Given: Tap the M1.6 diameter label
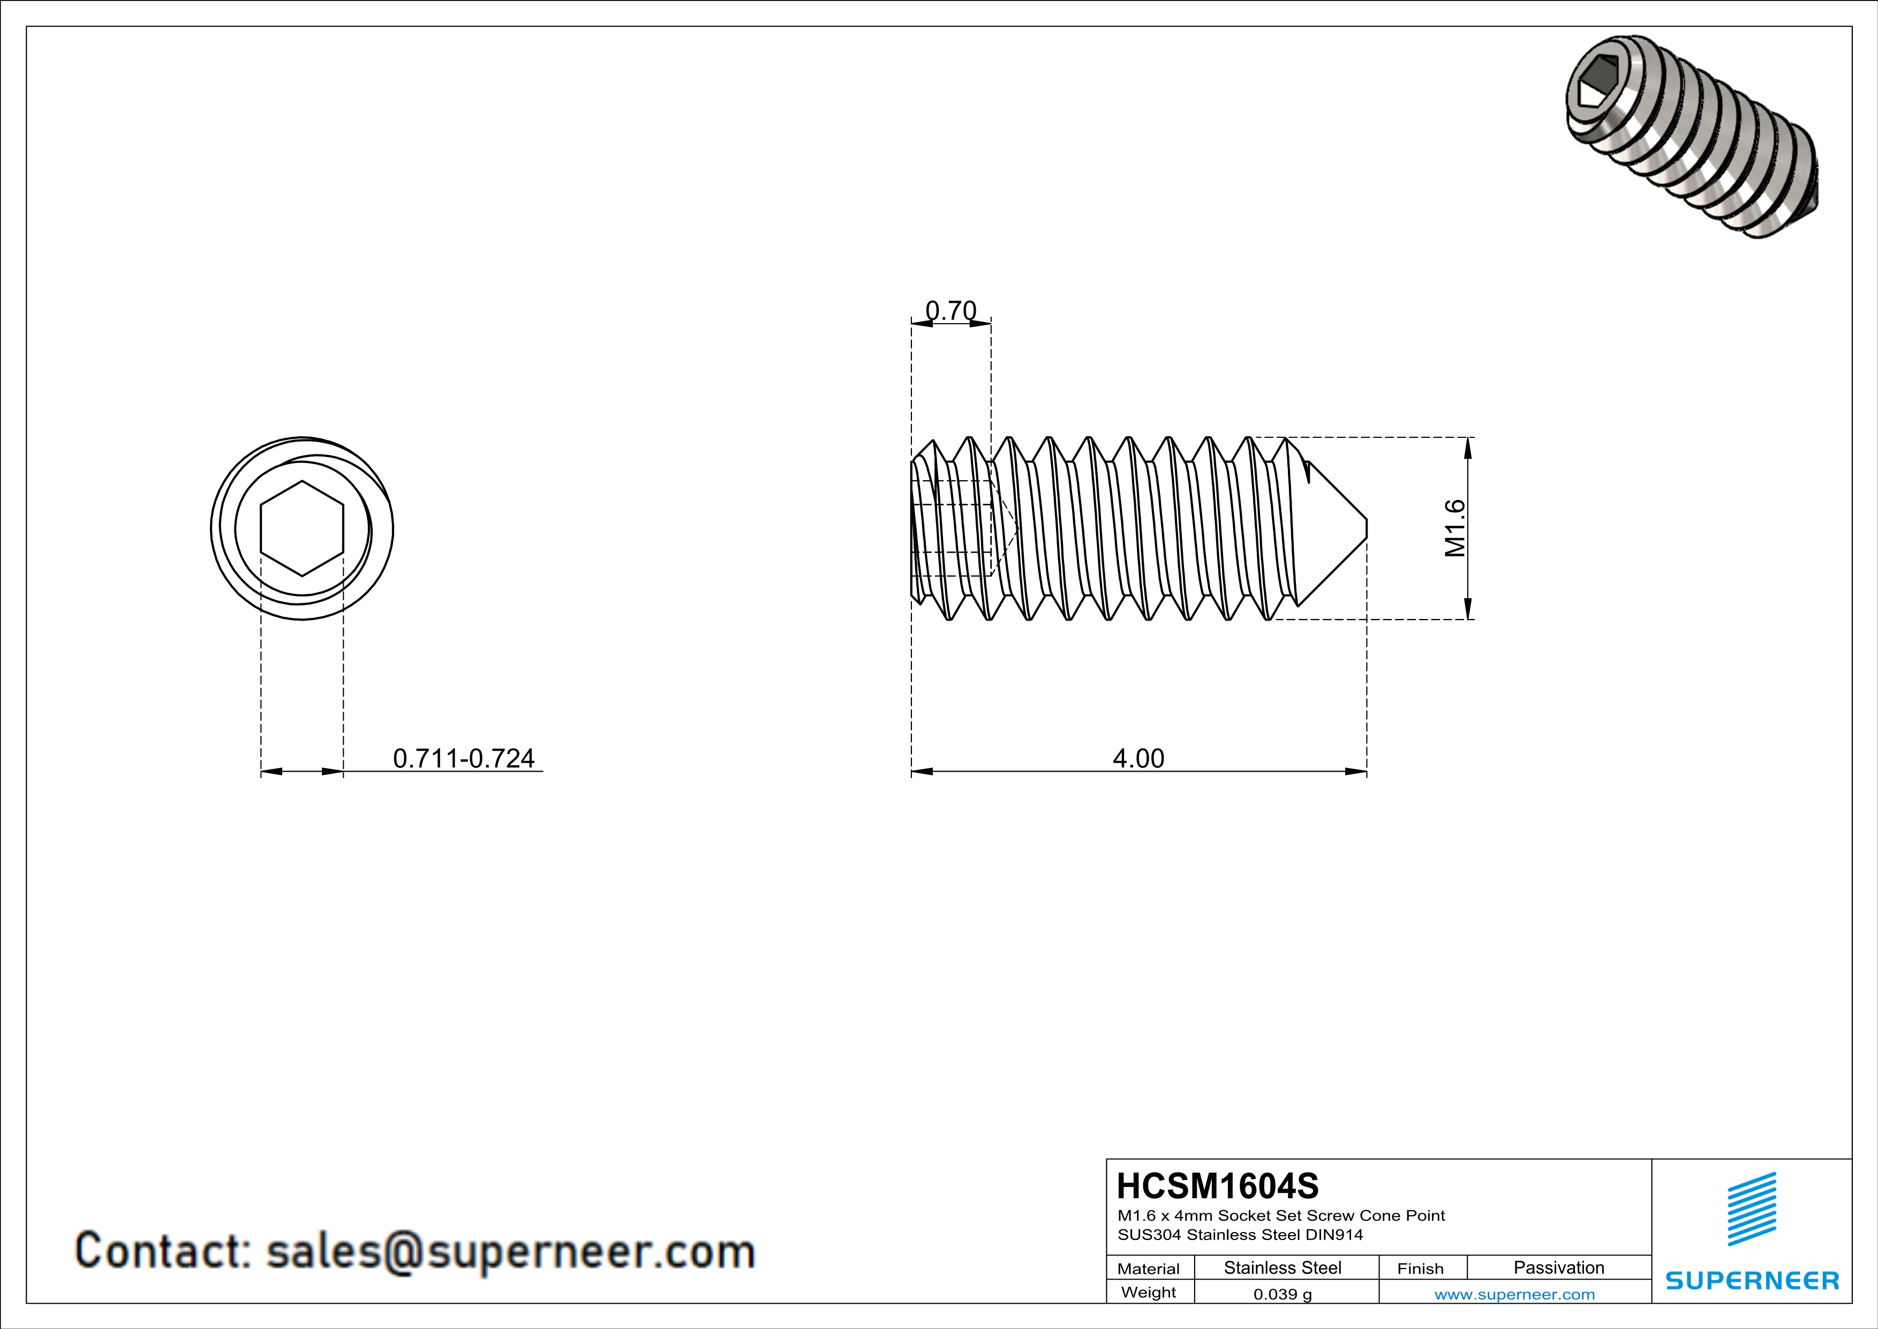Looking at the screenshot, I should click(x=1455, y=529).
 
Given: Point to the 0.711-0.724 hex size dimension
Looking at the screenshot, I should click(x=464, y=759).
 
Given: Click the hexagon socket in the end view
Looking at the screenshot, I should click(x=302, y=529).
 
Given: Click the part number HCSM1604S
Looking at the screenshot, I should click(x=1217, y=1186).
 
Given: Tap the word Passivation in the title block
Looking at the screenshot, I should click(x=1558, y=1267).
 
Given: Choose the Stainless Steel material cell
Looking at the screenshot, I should click(x=1281, y=1267).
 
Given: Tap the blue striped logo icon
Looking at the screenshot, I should click(x=1751, y=1209).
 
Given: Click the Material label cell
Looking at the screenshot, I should click(x=1149, y=1268).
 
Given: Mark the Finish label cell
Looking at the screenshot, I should click(x=1420, y=1268).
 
